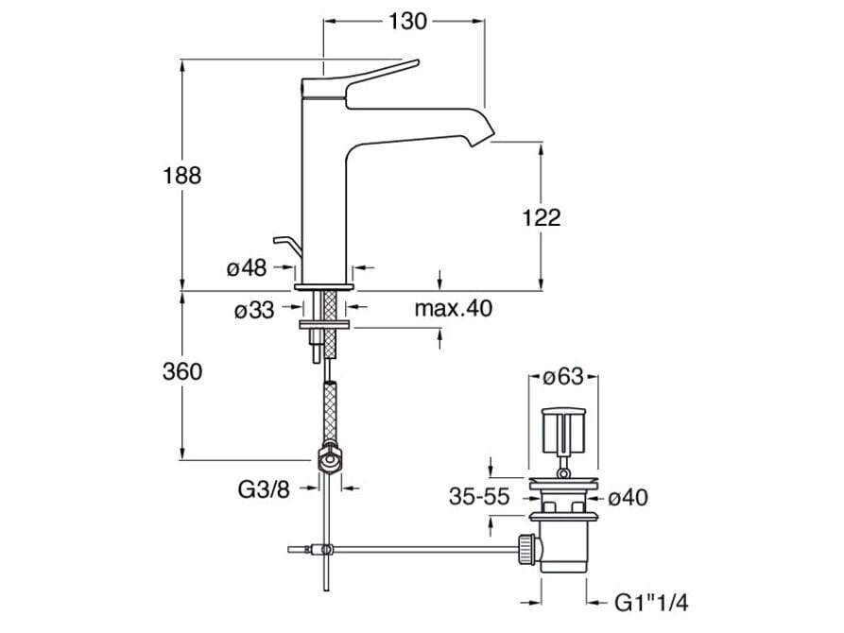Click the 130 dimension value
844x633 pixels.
[405, 21]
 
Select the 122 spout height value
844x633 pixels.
[541, 217]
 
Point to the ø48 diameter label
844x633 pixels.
[247, 267]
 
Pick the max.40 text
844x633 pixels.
[453, 308]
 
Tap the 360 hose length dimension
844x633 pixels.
[182, 371]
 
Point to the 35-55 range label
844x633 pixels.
[478, 497]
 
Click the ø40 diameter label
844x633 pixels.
[627, 497]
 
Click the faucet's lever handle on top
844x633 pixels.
[378, 75]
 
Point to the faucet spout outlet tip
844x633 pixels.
[482, 138]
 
